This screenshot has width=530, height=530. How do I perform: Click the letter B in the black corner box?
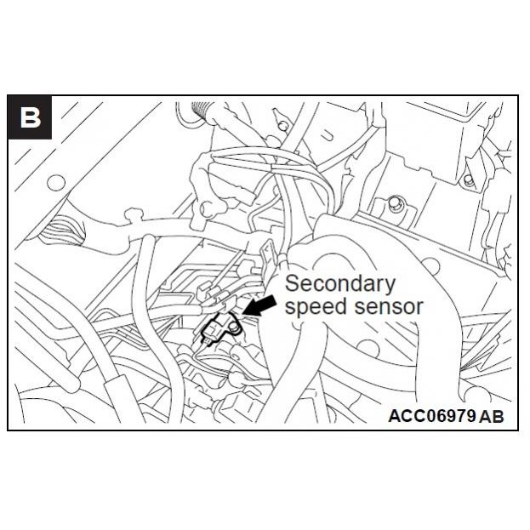click(x=31, y=117)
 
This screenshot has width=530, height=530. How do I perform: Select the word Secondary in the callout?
click(x=339, y=284)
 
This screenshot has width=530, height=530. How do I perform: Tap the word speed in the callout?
click(x=316, y=307)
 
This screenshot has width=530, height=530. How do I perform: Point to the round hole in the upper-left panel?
click(x=56, y=181)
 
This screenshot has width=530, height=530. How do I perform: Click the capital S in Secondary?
click(x=292, y=283)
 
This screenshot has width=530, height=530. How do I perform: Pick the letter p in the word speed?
click(x=301, y=310)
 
